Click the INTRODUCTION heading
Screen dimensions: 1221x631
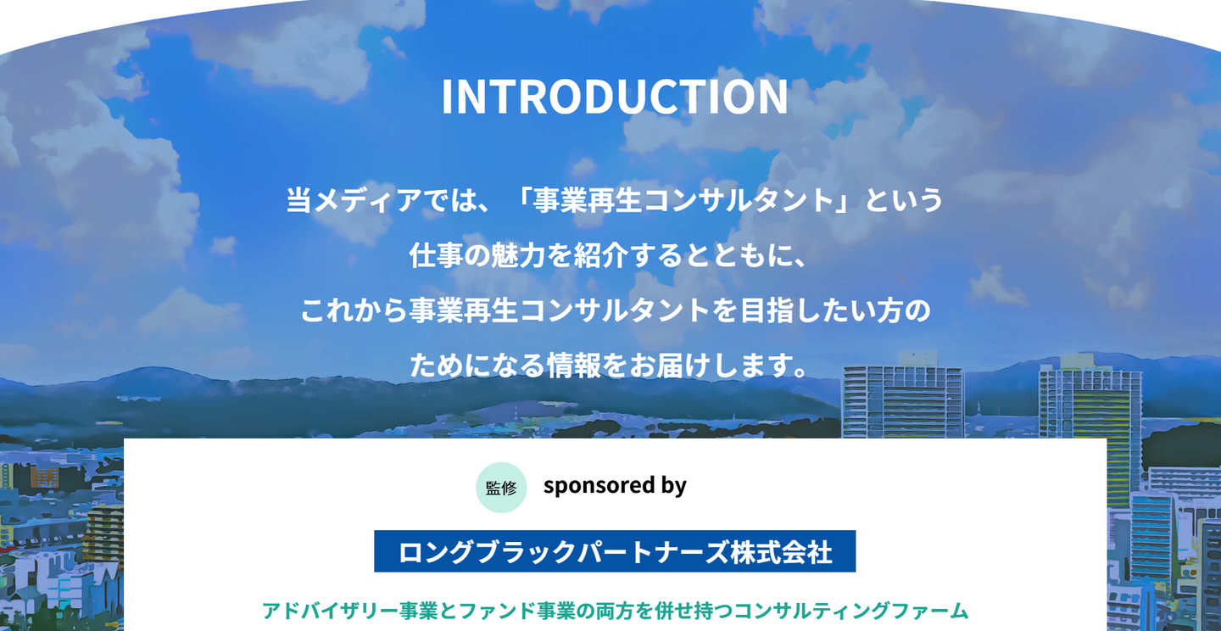point(615,97)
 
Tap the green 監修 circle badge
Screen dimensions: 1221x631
point(501,487)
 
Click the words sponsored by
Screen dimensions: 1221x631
point(615,485)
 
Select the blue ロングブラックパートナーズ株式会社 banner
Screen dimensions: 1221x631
point(615,550)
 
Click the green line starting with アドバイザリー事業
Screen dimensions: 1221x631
point(615,611)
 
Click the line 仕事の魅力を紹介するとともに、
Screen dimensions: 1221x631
point(608,254)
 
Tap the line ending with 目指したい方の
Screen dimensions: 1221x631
point(615,310)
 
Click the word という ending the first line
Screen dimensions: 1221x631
point(903,199)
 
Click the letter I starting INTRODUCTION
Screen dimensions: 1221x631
point(447,97)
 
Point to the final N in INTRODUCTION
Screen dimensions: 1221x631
point(772,97)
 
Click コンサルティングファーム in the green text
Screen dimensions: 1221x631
point(851,611)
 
